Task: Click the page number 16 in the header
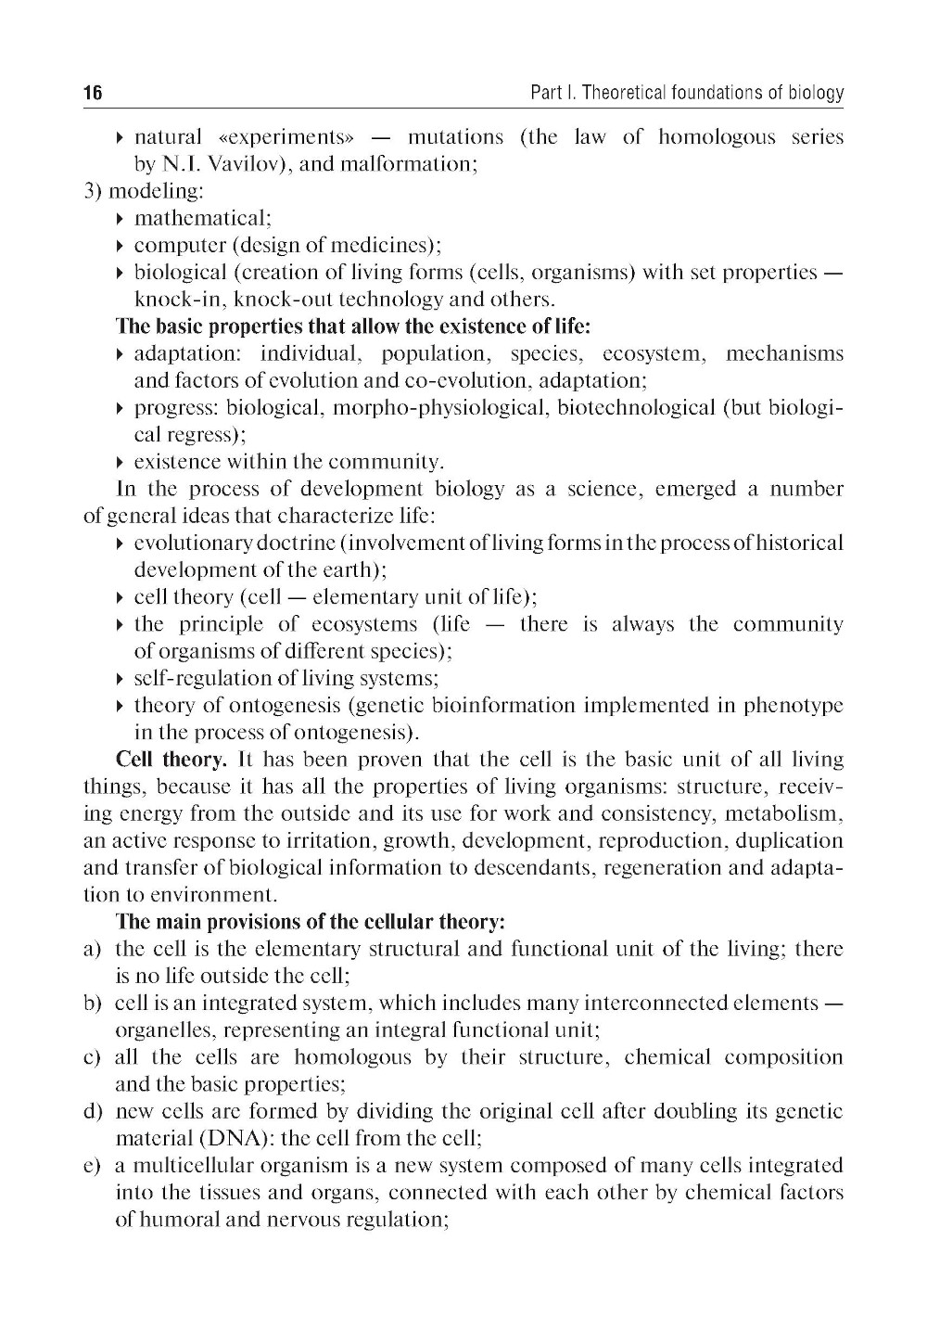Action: (x=93, y=94)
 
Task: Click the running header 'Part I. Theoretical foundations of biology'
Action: (x=687, y=94)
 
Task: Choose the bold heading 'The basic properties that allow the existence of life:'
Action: (x=353, y=326)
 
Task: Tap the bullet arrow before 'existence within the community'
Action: (x=121, y=463)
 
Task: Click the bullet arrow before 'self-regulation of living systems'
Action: (x=121, y=679)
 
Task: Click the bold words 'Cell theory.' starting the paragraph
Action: (x=171, y=760)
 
